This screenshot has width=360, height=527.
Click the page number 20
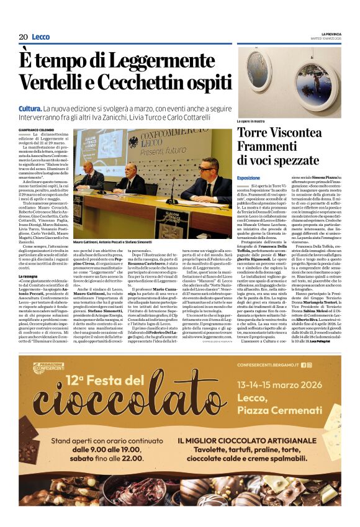pyautogui.click(x=23, y=37)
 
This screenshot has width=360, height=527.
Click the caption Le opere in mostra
pyautogui.click(x=251, y=121)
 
